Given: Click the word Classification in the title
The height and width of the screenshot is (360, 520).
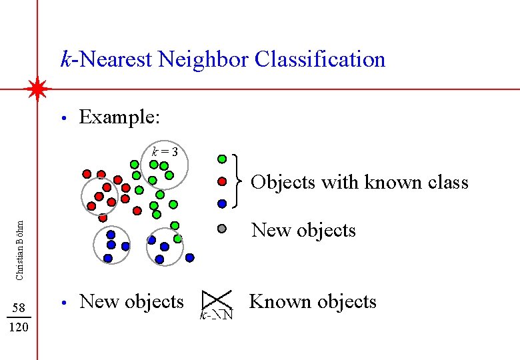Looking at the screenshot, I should point(320,59).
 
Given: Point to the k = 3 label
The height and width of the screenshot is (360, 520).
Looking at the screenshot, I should point(165,151).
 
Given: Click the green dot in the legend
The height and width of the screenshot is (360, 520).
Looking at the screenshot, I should point(222,160).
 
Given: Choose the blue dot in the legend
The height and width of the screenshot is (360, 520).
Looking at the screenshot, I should point(222,203).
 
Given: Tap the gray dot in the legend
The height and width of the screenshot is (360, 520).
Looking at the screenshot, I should point(222,229).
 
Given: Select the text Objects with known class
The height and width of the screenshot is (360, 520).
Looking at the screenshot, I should point(359,182).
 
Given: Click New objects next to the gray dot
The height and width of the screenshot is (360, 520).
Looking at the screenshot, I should point(303,230).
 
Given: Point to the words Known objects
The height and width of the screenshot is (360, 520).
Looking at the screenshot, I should point(312,301).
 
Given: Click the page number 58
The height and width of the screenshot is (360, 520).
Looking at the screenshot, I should point(19,307).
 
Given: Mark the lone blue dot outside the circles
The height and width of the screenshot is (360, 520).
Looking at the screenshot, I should point(190,257).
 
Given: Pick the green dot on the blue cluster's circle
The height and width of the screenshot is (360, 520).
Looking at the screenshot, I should point(178,238).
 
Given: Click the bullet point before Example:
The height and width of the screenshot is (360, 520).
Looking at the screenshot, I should point(62,119).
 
